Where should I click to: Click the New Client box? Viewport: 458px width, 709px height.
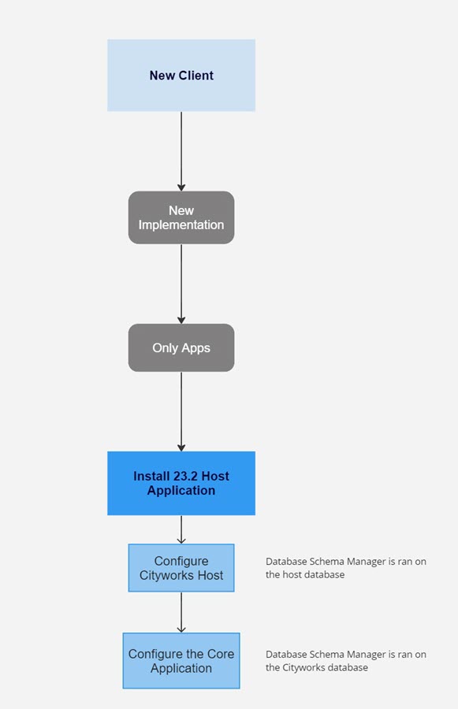click(x=181, y=76)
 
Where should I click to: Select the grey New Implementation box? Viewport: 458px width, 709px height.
click(x=181, y=217)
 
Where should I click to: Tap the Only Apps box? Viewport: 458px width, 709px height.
click(x=181, y=347)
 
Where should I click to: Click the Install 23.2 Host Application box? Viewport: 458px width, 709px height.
click(x=181, y=483)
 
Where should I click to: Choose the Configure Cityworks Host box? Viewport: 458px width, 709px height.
click(x=181, y=568)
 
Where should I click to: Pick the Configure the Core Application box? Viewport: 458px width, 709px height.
click(x=181, y=661)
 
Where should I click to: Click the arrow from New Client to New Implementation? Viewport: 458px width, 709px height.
click(x=181, y=150)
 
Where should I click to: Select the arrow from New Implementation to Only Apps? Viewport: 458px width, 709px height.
click(x=181, y=283)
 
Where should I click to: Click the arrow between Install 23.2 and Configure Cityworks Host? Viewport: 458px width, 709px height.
click(x=181, y=529)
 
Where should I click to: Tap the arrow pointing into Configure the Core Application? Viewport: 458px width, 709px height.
click(x=181, y=612)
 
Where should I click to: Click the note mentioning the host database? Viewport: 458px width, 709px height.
click(x=345, y=568)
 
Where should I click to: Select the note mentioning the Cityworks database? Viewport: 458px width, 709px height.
click(x=345, y=661)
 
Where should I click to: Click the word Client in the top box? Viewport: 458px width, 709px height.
click(x=195, y=76)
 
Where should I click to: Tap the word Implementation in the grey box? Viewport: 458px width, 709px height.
click(x=181, y=225)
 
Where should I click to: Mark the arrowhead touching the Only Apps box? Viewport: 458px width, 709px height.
click(x=181, y=320)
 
